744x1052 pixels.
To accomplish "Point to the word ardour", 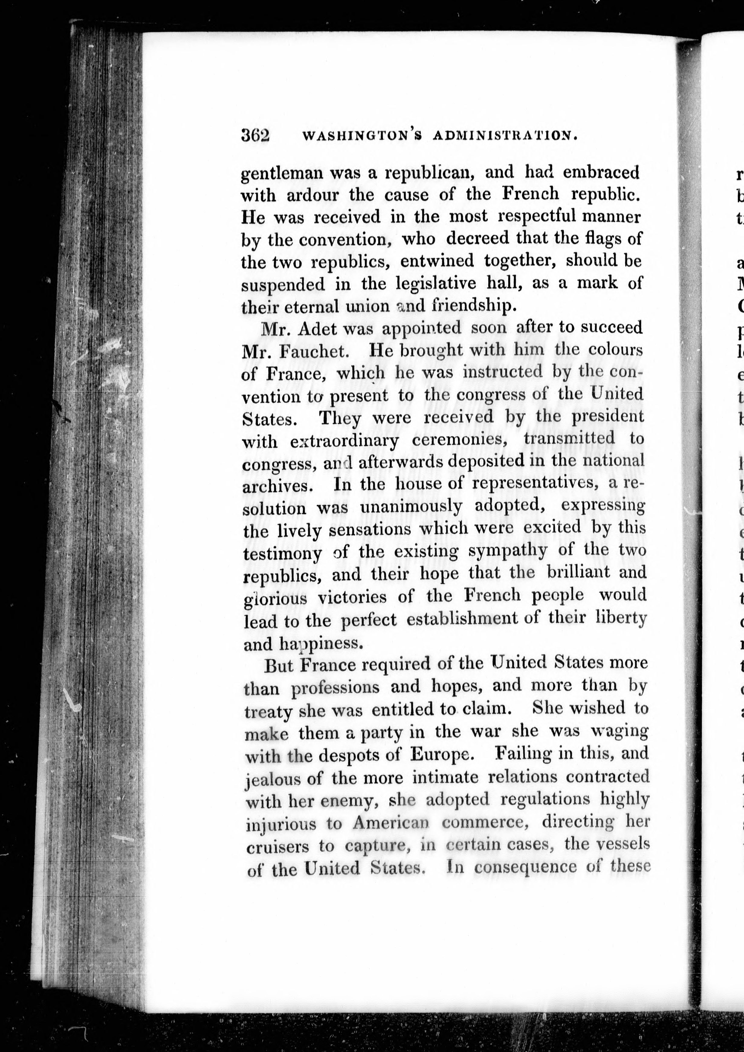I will pyautogui.click(x=312, y=196).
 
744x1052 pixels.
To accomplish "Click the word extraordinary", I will pyautogui.click(x=344, y=441).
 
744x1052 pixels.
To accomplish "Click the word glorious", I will pyautogui.click(x=275, y=598).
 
